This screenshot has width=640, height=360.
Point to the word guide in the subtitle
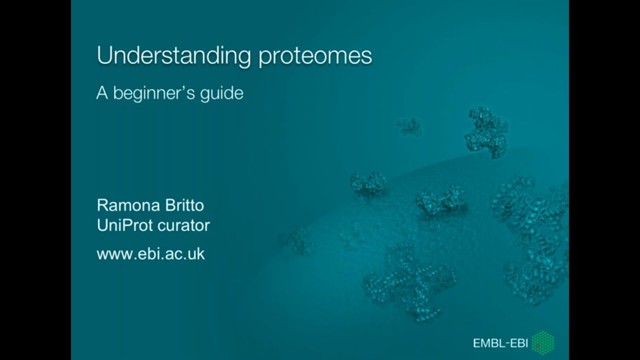tap(221, 94)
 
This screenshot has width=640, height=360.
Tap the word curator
tap(183, 225)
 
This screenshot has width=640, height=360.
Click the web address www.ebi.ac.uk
tap(150, 253)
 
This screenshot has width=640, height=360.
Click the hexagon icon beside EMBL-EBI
tap(542, 342)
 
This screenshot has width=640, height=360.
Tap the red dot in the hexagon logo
tap(537, 345)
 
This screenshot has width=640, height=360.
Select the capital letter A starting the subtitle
tap(102, 93)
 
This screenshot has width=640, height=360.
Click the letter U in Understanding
tap(103, 56)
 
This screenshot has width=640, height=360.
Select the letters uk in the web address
tap(197, 253)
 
